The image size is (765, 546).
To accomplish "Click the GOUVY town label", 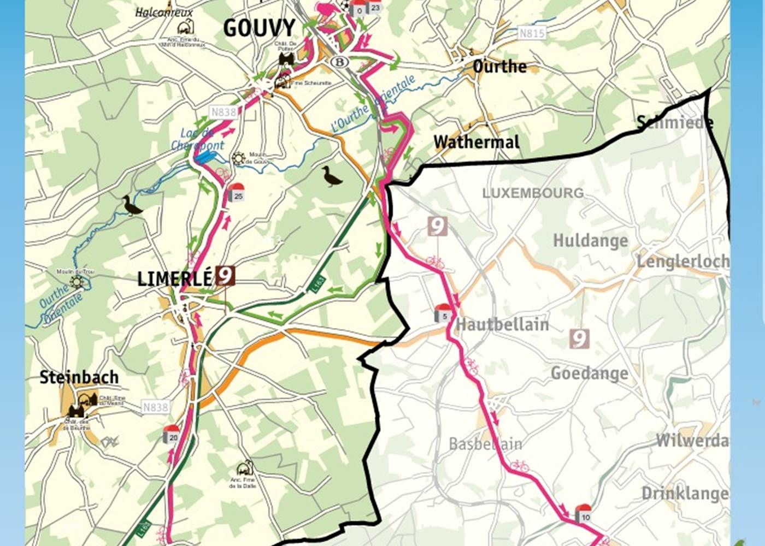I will [x=259, y=28].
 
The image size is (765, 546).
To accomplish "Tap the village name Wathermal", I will [x=476, y=142].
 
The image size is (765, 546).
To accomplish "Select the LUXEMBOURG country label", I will [x=533, y=193].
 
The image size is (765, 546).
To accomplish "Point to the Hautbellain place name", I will [x=502, y=324].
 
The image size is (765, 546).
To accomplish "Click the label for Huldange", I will [x=590, y=241].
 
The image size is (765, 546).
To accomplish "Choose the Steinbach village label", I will [x=79, y=377].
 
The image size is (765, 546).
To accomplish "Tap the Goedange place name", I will [x=589, y=373].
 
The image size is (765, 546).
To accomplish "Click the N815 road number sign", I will [x=531, y=33].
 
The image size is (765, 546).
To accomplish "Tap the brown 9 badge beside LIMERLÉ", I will [x=225, y=276].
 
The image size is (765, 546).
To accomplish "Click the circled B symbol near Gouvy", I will [x=340, y=62].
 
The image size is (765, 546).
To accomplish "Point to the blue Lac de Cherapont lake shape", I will [x=204, y=157].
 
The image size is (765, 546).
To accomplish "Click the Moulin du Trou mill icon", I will [x=76, y=282].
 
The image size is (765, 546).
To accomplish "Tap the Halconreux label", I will [x=164, y=12].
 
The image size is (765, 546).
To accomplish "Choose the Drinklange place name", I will [x=685, y=493].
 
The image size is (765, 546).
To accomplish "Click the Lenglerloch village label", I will [x=682, y=262].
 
